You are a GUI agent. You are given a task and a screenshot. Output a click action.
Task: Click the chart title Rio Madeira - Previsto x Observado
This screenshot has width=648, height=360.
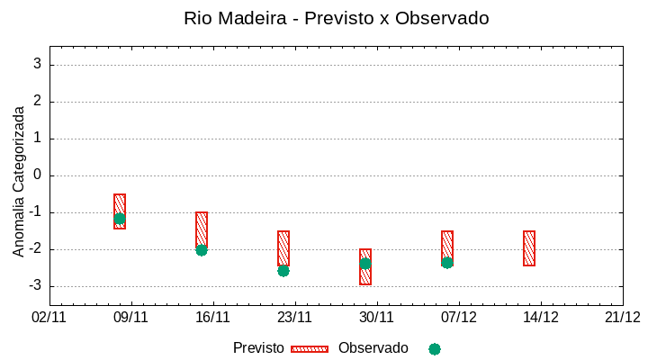[x=336, y=18]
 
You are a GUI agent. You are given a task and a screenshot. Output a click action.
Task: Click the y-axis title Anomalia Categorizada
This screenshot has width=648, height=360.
[x=19, y=181]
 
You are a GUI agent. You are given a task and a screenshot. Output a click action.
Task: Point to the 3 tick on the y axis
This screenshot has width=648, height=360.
[x=38, y=65]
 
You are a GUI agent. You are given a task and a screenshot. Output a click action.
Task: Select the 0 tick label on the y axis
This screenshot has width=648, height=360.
[x=38, y=175]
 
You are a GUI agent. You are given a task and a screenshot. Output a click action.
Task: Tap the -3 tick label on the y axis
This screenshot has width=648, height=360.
[x=34, y=286]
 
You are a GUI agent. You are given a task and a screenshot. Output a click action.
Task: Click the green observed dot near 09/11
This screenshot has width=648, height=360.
[x=120, y=219]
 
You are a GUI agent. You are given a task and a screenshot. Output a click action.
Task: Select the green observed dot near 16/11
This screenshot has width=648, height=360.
[x=202, y=250]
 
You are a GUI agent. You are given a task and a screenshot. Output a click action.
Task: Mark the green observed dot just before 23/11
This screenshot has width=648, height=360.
[x=283, y=271]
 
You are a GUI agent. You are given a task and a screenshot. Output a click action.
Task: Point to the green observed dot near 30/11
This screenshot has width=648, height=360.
[x=365, y=264]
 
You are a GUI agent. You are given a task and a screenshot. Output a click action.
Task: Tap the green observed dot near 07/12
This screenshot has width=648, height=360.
[x=447, y=263]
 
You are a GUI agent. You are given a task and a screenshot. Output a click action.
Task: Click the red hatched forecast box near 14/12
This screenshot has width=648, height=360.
[x=529, y=248]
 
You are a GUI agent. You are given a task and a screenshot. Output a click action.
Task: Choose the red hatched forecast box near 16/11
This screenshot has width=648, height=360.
[x=202, y=229]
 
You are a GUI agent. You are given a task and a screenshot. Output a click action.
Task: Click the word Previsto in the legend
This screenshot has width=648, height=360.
[x=258, y=348]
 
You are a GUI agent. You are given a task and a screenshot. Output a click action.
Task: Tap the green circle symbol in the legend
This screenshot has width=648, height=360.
[x=435, y=349]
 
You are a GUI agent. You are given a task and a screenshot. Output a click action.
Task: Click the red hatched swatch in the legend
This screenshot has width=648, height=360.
[x=310, y=349]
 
